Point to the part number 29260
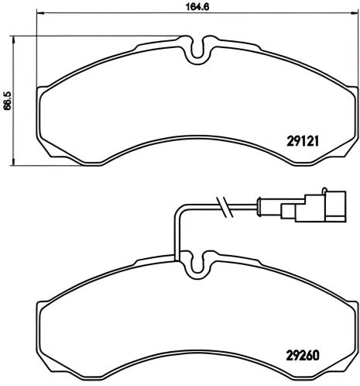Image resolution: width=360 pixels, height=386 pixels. (x=303, y=358)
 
